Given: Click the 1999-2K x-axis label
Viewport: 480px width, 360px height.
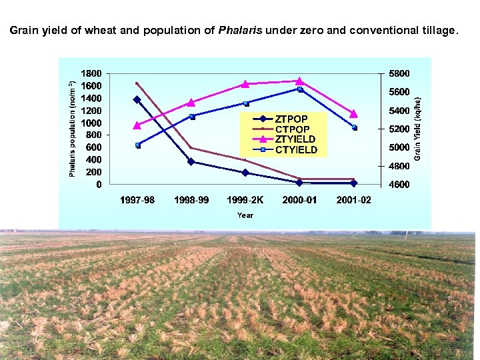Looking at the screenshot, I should [x=245, y=200].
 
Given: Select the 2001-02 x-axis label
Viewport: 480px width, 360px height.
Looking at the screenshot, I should [x=354, y=200].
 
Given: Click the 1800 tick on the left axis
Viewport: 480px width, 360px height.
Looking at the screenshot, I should [x=91, y=73].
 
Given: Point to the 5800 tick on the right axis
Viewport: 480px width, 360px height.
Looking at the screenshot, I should [x=400, y=73].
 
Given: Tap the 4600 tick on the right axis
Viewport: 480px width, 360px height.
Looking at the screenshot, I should [x=400, y=185].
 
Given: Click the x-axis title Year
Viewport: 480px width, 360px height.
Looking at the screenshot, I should [x=245, y=215].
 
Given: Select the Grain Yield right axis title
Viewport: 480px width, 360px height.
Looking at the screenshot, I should [x=417, y=128].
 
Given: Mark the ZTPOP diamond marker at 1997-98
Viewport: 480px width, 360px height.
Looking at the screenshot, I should [x=137, y=100].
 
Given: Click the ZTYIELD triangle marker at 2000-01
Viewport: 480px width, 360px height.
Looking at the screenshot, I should [x=299, y=81].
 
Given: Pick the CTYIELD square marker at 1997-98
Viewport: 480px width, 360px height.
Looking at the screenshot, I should [x=137, y=145].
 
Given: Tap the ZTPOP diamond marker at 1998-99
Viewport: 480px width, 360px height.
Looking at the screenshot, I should [x=191, y=161].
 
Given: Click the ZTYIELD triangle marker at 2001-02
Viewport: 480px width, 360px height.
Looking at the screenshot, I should [x=354, y=114].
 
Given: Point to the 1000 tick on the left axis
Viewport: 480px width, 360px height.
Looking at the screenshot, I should [x=91, y=123].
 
